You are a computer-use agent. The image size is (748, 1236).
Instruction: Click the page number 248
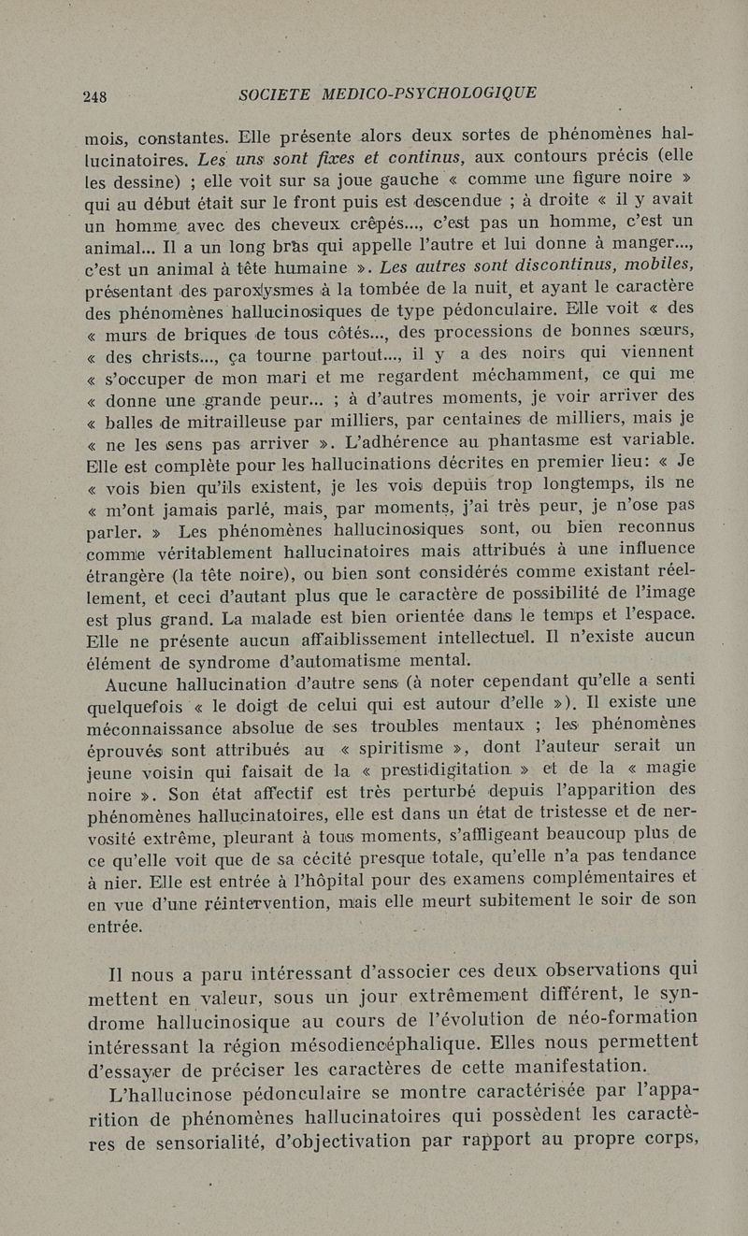tap(95, 95)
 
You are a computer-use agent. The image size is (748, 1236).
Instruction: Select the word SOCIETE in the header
tap(274, 93)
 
